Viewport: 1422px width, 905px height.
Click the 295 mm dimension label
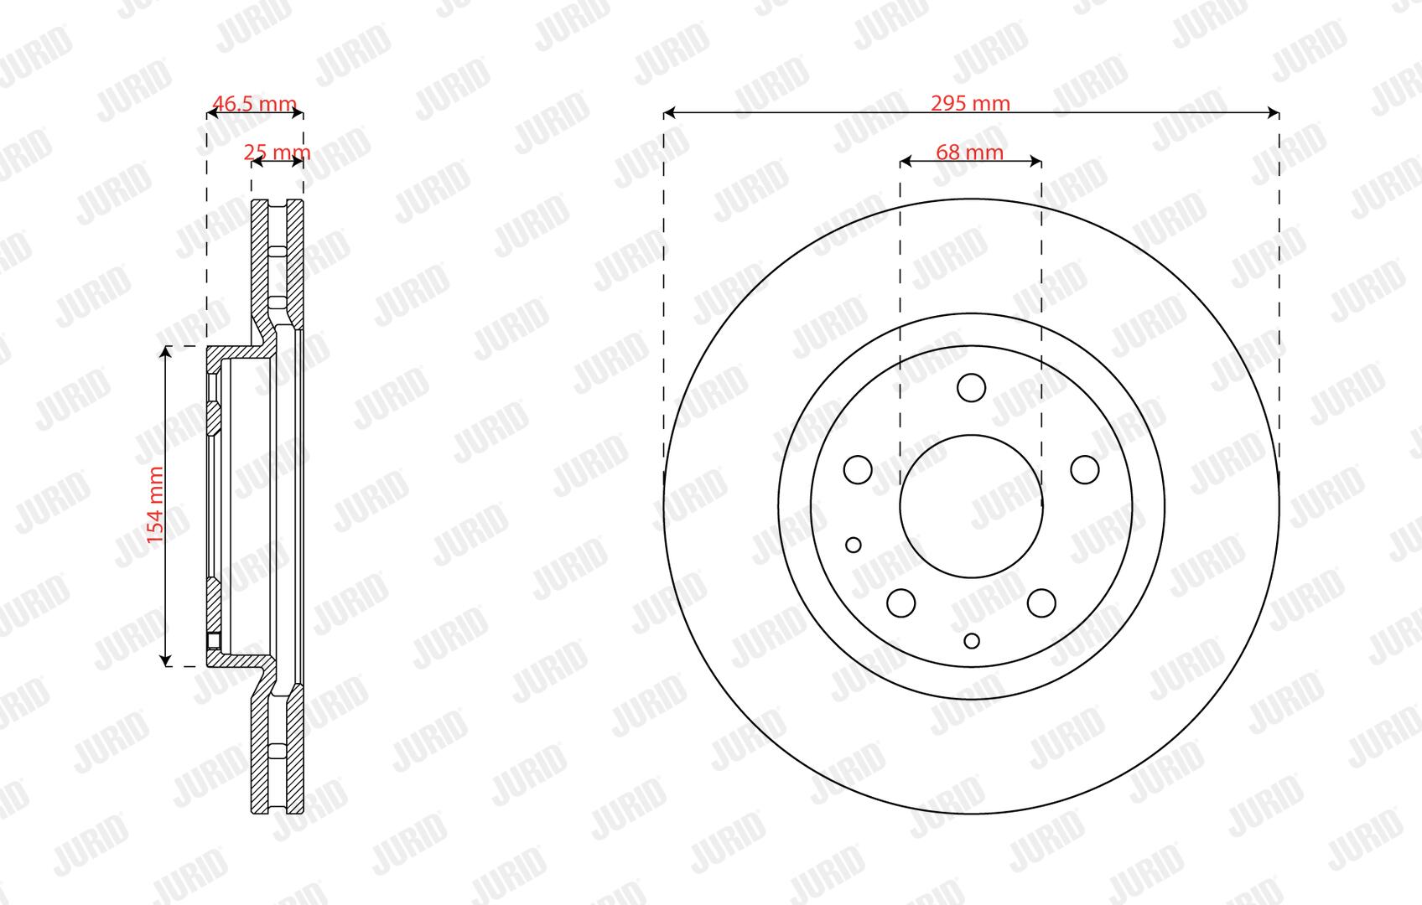coord(970,103)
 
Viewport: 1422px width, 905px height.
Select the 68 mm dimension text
coord(969,153)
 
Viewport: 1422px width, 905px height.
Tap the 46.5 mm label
coord(254,103)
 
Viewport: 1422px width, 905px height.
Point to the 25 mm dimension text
coord(278,153)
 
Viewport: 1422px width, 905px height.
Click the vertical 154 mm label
coord(156,505)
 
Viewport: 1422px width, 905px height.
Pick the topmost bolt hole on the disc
coord(971,388)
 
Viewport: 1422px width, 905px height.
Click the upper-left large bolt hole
coord(858,469)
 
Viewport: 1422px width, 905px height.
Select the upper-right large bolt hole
coord(1085,469)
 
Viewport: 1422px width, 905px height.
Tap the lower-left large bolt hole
coord(900,602)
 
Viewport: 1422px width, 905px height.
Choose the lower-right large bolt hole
coord(1041,602)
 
